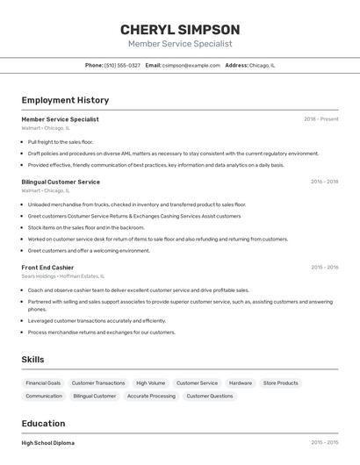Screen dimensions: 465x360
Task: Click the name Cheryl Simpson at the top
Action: pyautogui.click(x=180, y=29)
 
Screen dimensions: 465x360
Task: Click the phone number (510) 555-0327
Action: pyautogui.click(x=122, y=65)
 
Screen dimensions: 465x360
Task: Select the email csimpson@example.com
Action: pyautogui.click(x=191, y=65)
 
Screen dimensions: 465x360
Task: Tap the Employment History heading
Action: pyautogui.click(x=65, y=100)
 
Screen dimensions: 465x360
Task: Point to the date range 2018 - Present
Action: pyautogui.click(x=320, y=119)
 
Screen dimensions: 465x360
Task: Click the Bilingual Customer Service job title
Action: pyautogui.click(x=61, y=182)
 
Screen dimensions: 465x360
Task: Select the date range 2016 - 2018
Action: pyautogui.click(x=324, y=182)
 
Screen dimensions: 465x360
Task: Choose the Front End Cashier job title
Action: pyautogui.click(x=47, y=268)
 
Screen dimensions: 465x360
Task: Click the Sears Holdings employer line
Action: pyautogui.click(x=61, y=277)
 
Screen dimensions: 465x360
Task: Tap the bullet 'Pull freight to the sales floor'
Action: pyautogui.click(x=60, y=141)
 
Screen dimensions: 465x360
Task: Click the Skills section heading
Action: pyautogui.click(x=32, y=359)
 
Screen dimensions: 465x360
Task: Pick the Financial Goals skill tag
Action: pyautogui.click(x=43, y=383)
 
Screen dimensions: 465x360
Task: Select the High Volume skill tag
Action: pyautogui.click(x=150, y=383)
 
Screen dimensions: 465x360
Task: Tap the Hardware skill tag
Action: pyautogui.click(x=240, y=383)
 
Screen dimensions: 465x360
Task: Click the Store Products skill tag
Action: pyautogui.click(x=281, y=383)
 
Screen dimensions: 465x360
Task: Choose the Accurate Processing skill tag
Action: pyautogui.click(x=151, y=396)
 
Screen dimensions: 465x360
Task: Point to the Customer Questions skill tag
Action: pyautogui.click(x=210, y=396)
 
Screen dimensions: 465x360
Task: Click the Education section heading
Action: pyautogui.click(x=43, y=423)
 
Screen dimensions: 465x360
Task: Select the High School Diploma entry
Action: pyautogui.click(x=48, y=443)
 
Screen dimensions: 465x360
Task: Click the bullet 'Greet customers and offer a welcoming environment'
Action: pyautogui.click(x=88, y=250)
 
